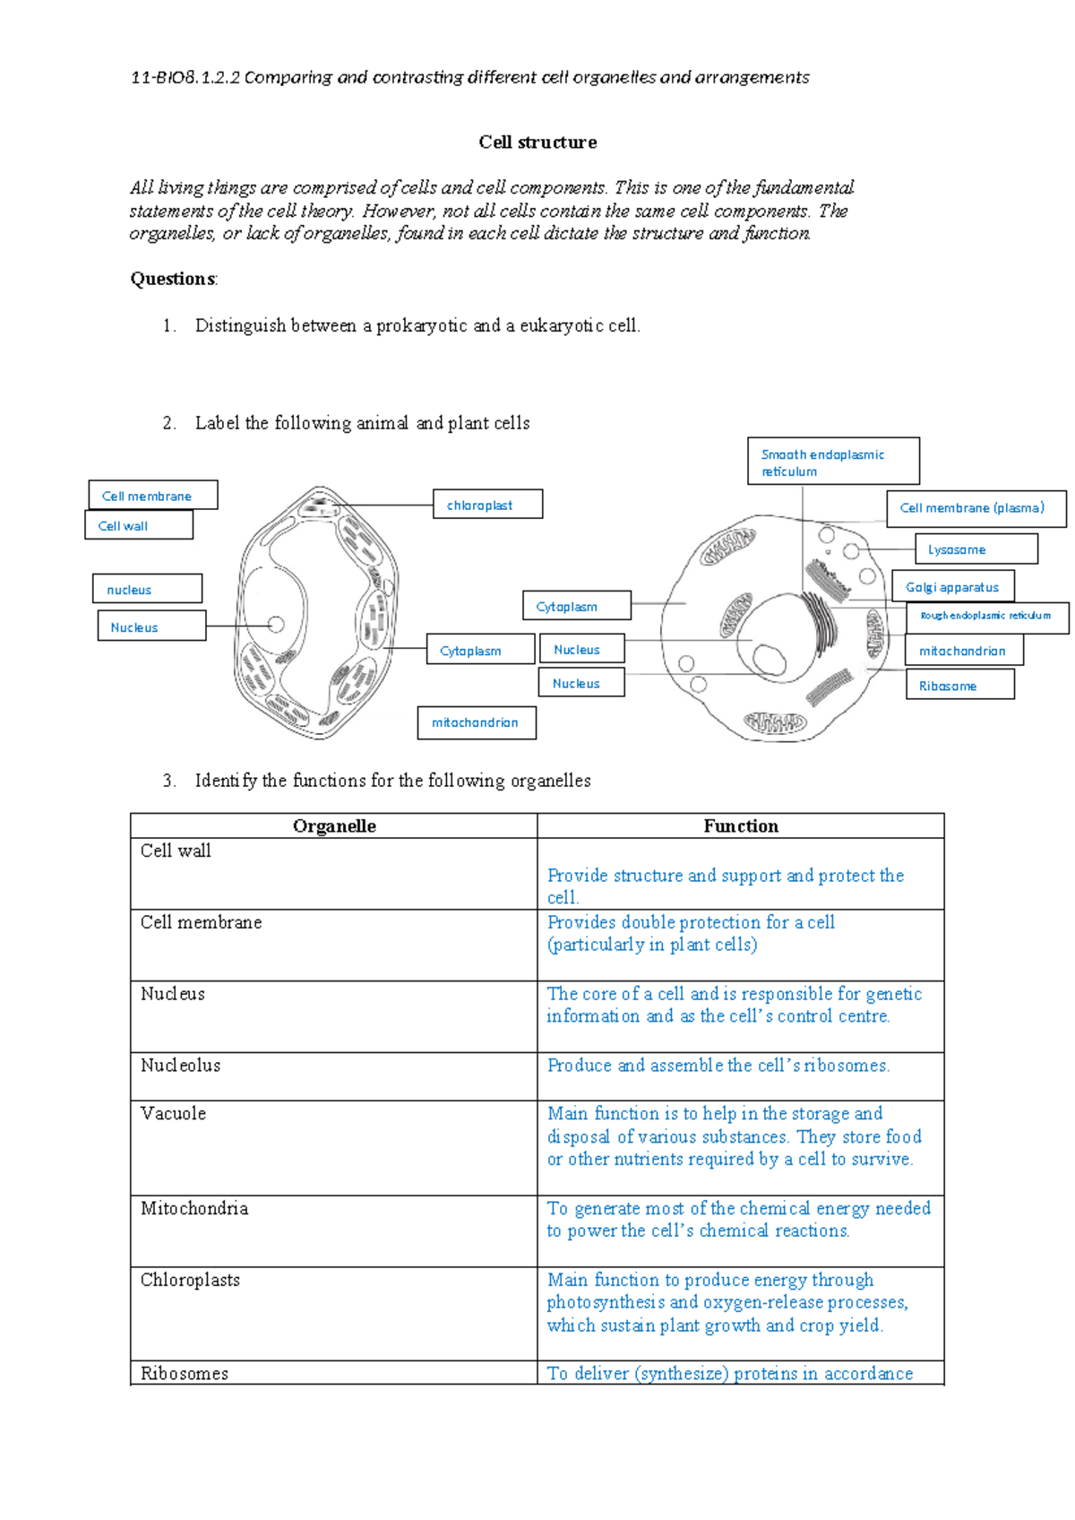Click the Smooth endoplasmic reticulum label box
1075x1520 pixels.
833,462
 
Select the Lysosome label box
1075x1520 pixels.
976,549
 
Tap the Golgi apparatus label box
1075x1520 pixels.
953,587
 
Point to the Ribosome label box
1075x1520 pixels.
959,686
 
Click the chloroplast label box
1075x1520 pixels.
487,505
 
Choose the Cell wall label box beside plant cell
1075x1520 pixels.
139,526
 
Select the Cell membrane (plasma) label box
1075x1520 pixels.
976,508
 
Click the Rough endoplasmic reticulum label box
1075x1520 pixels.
987,617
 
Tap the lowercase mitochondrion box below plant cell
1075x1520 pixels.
477,722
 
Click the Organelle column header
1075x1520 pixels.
334,826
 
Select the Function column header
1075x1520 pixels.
740,826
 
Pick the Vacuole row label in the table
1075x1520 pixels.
173,1114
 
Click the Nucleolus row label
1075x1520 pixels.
180,1066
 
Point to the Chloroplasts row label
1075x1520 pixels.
190,1281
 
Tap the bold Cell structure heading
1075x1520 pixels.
537,142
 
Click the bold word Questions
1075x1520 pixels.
173,280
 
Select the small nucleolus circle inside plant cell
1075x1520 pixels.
276,625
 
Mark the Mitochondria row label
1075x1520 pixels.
193,1209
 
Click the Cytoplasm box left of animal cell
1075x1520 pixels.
577,606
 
